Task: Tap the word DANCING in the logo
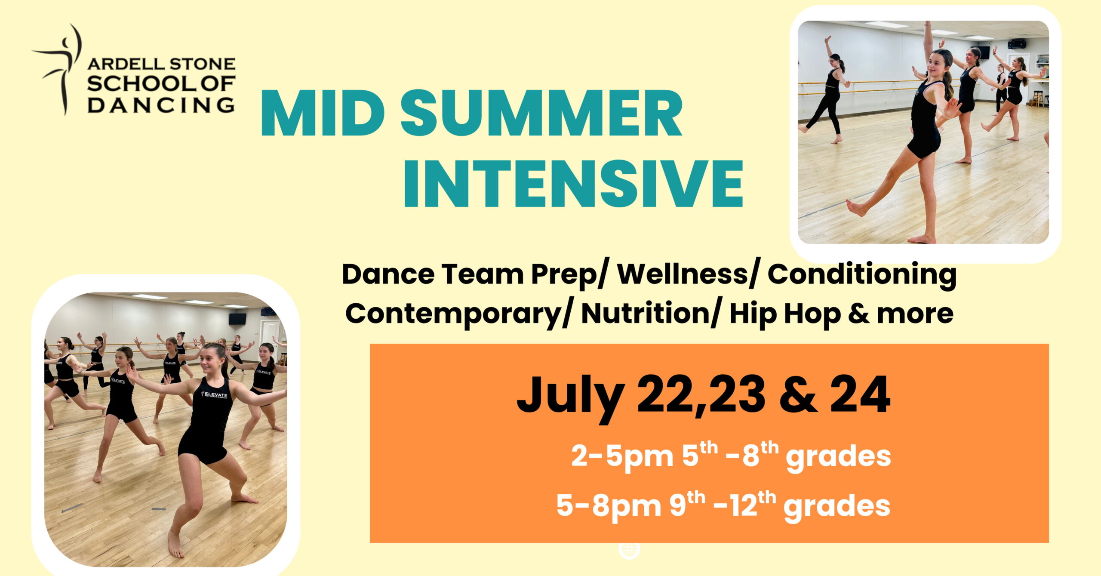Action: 161,105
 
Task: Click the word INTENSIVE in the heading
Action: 573,184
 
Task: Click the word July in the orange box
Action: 570,396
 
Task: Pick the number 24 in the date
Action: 860,394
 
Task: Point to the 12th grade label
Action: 753,505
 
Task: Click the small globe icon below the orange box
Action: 629,550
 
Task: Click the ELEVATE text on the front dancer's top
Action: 215,394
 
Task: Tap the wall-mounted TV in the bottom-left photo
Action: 237,319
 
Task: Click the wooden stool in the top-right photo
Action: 1037,99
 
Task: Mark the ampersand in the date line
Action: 798,394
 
